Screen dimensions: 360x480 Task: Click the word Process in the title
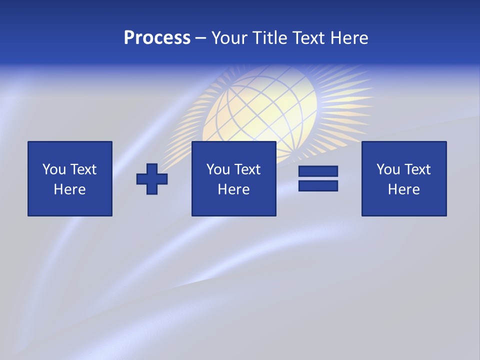[x=157, y=38]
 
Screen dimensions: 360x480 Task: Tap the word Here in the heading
[x=348, y=38]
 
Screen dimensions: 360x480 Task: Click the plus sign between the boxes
[x=152, y=179]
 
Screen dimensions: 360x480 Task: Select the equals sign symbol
[x=318, y=178]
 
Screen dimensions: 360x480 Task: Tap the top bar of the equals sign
[x=318, y=171]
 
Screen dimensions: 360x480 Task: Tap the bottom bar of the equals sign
[x=318, y=185]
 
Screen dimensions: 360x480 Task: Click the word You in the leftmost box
[x=54, y=169]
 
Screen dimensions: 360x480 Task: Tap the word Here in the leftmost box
[x=70, y=189]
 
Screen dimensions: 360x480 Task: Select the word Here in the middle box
[x=234, y=189]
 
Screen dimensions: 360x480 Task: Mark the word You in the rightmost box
[x=388, y=169]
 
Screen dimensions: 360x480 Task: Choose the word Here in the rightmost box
[x=404, y=189]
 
